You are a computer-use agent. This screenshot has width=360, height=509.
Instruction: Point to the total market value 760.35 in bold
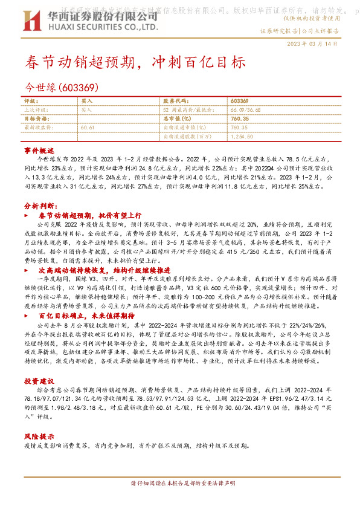[x=240, y=119]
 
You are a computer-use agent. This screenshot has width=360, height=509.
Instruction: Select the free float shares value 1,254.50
[x=243, y=137]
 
